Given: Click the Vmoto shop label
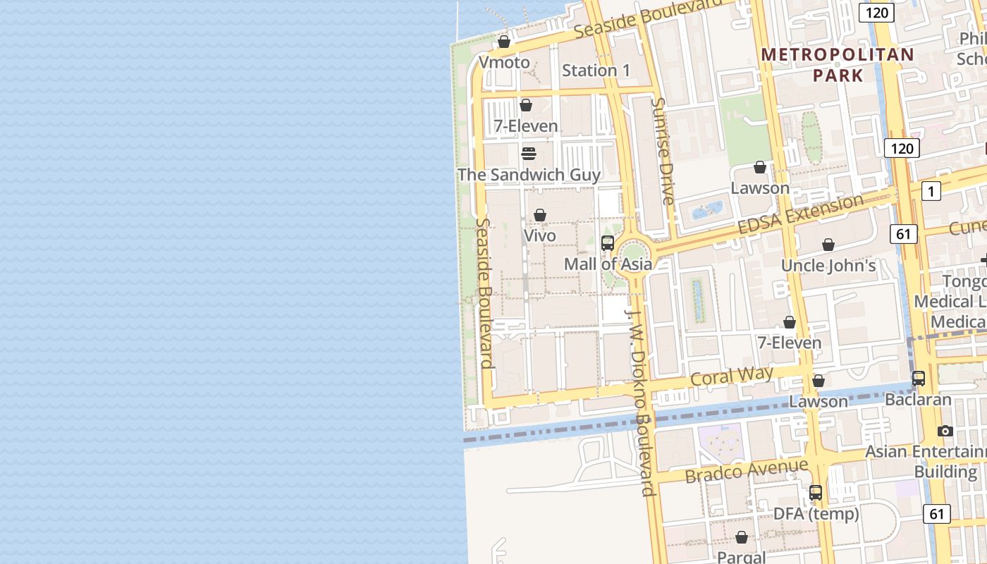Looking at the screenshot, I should (503, 63).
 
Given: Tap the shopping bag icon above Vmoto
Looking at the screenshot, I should (503, 42).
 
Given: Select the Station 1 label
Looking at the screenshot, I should (596, 70).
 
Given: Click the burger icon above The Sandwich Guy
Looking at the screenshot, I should (529, 153).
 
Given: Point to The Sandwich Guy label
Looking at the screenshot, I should (529, 175).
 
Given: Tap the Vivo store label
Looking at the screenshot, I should (540, 235).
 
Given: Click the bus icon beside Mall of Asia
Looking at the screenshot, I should (607, 243).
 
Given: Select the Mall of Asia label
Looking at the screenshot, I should (608, 264).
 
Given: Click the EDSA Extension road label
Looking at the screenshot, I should (800, 215).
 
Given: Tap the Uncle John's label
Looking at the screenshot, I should (828, 266).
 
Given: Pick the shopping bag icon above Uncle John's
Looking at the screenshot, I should (828, 245).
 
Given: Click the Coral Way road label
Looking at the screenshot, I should (732, 376).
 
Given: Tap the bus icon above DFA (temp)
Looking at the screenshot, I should (816, 493).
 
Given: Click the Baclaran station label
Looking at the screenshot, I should (918, 400).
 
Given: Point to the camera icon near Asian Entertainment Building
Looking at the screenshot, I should (945, 431).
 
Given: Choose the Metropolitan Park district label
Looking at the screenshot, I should (838, 64).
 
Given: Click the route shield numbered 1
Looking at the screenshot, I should (931, 191).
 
